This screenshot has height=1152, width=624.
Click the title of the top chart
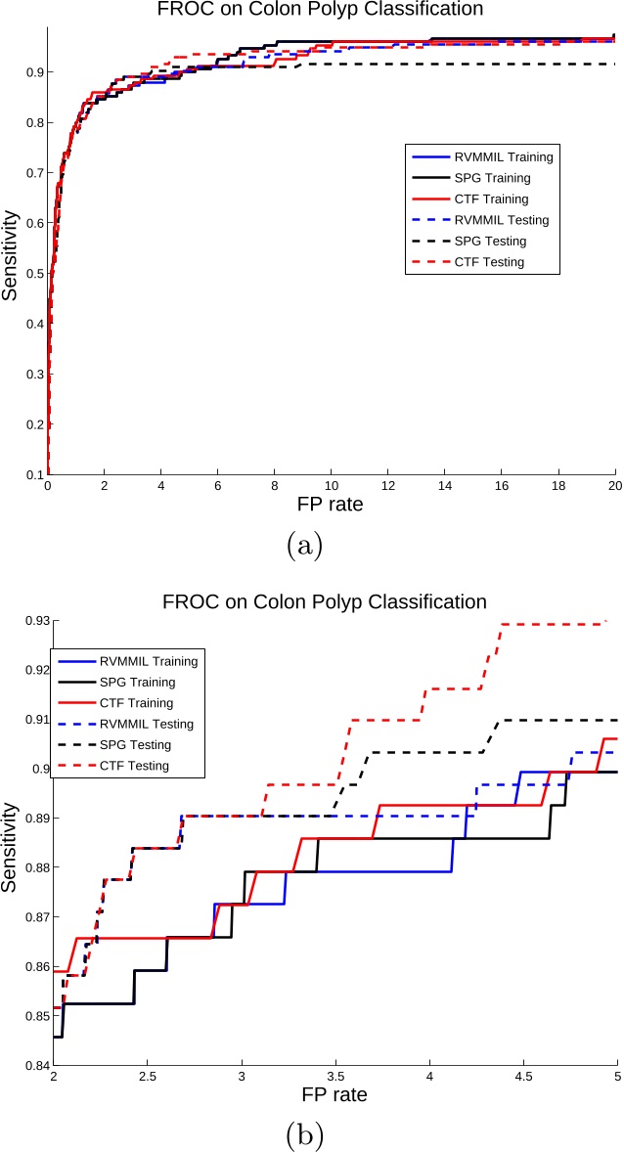326,11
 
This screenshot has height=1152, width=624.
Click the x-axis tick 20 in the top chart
613,486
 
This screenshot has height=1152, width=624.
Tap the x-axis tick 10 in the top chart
331,486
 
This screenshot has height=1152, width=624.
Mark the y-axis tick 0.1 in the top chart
32,474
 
